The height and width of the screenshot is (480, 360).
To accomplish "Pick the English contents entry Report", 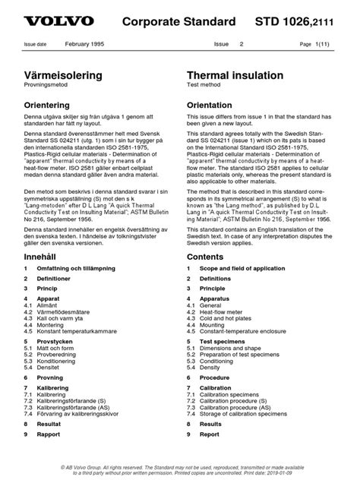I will coord(210,434).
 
